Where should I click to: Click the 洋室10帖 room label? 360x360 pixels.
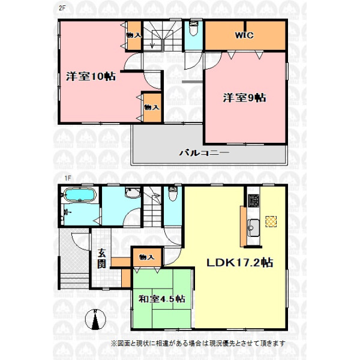pyautogui.click(x=91, y=76)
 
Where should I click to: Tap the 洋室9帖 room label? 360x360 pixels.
pyautogui.click(x=245, y=98)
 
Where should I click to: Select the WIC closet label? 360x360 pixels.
pyautogui.click(x=244, y=35)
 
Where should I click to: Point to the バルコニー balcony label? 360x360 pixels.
pyautogui.click(x=204, y=153)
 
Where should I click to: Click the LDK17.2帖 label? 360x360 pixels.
pyautogui.click(x=240, y=262)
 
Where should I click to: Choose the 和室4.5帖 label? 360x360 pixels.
pyautogui.click(x=162, y=299)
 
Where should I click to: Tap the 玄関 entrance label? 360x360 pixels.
pyautogui.click(x=101, y=259)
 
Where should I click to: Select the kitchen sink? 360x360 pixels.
pyautogui.click(x=254, y=228)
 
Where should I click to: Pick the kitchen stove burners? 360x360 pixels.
pyautogui.click(x=253, y=200)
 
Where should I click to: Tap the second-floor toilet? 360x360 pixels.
pyautogui.click(x=194, y=29)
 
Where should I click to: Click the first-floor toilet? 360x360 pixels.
pyautogui.click(x=173, y=194)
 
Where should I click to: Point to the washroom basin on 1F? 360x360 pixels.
pyautogui.click(x=133, y=193)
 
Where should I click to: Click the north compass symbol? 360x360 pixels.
pyautogui.click(x=95, y=319)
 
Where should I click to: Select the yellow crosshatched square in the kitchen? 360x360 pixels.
pyautogui.click(x=271, y=221)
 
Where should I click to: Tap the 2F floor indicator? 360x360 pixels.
pyautogui.click(x=62, y=8)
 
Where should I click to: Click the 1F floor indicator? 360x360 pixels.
pyautogui.click(x=67, y=178)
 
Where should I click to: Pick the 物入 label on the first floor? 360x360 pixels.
pyautogui.click(x=147, y=257)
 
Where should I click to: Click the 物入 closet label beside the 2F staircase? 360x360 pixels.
pyautogui.click(x=134, y=35)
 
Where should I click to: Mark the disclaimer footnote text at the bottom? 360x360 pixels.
pyautogui.click(x=198, y=343)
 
